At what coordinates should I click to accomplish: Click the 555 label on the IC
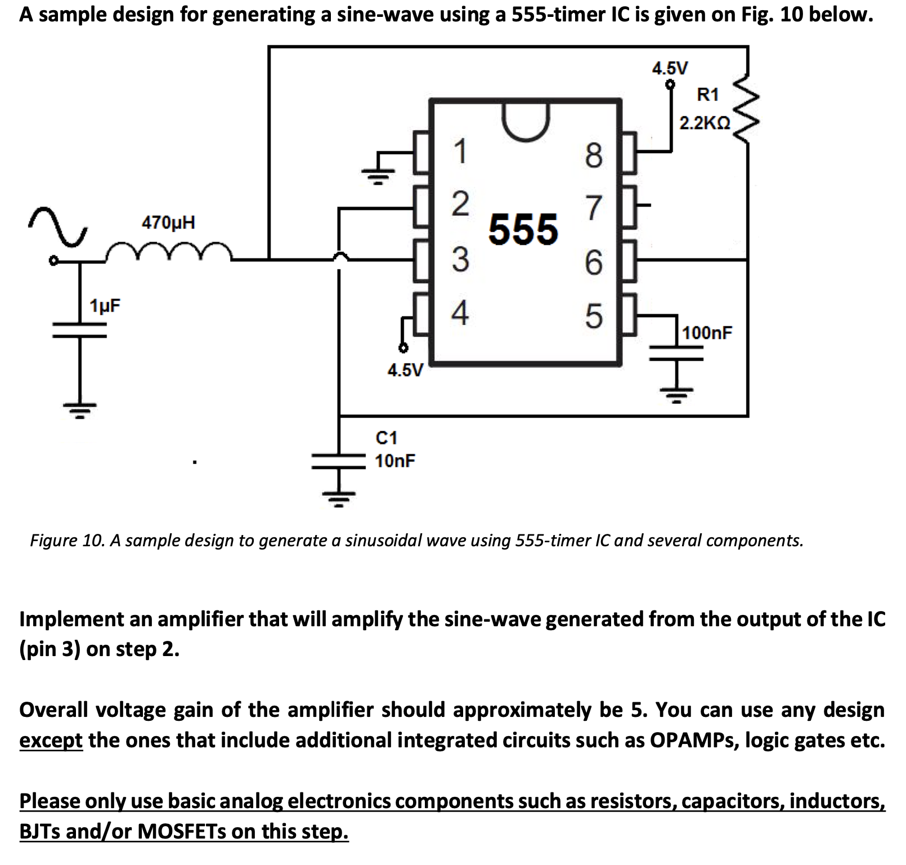523,230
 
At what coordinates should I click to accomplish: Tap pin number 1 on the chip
460,151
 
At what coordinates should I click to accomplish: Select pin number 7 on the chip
594,208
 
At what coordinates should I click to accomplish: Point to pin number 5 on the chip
594,316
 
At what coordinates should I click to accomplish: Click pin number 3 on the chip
460,260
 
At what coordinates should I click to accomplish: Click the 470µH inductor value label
168,222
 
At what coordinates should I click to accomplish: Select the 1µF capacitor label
105,306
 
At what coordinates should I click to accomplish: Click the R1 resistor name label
707,95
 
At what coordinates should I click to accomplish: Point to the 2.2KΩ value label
705,123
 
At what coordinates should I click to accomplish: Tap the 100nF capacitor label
707,332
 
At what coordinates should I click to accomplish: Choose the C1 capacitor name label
386,438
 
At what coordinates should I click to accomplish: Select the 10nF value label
394,461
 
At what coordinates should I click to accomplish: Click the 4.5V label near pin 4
405,370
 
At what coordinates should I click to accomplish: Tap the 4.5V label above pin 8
670,69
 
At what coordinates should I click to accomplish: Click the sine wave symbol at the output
58,226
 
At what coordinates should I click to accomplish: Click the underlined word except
51,740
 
